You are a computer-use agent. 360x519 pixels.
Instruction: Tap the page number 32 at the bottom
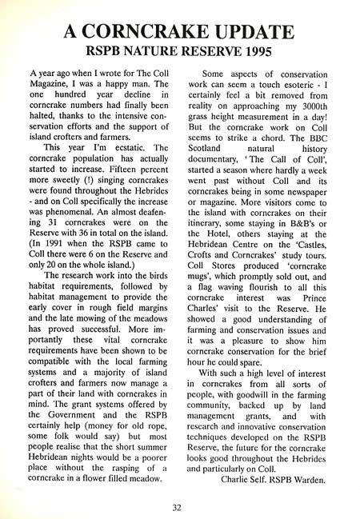(179, 505)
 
